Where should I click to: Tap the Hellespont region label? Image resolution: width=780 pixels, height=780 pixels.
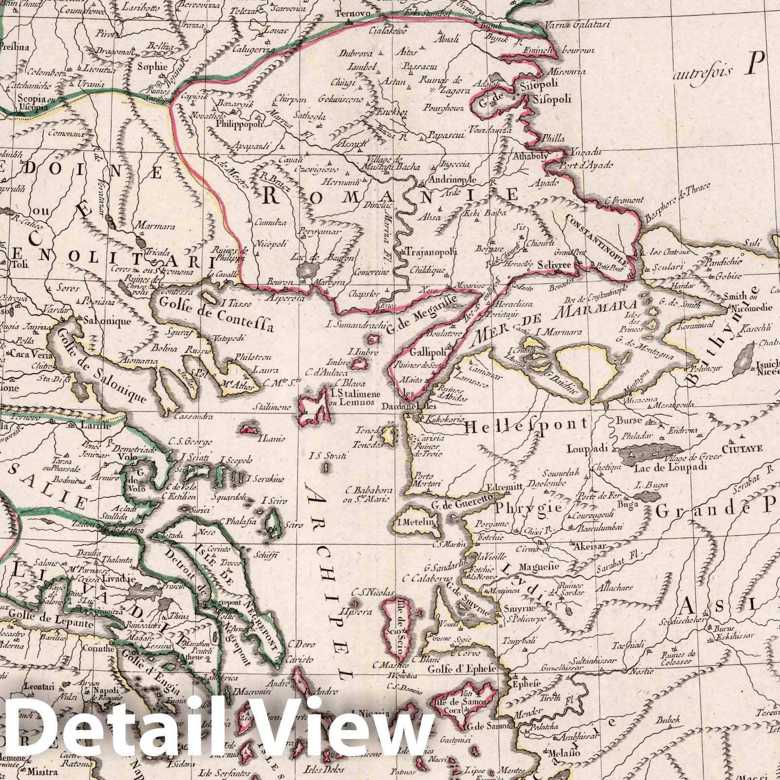[526, 426]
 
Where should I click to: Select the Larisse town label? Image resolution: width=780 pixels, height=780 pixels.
[96, 425]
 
